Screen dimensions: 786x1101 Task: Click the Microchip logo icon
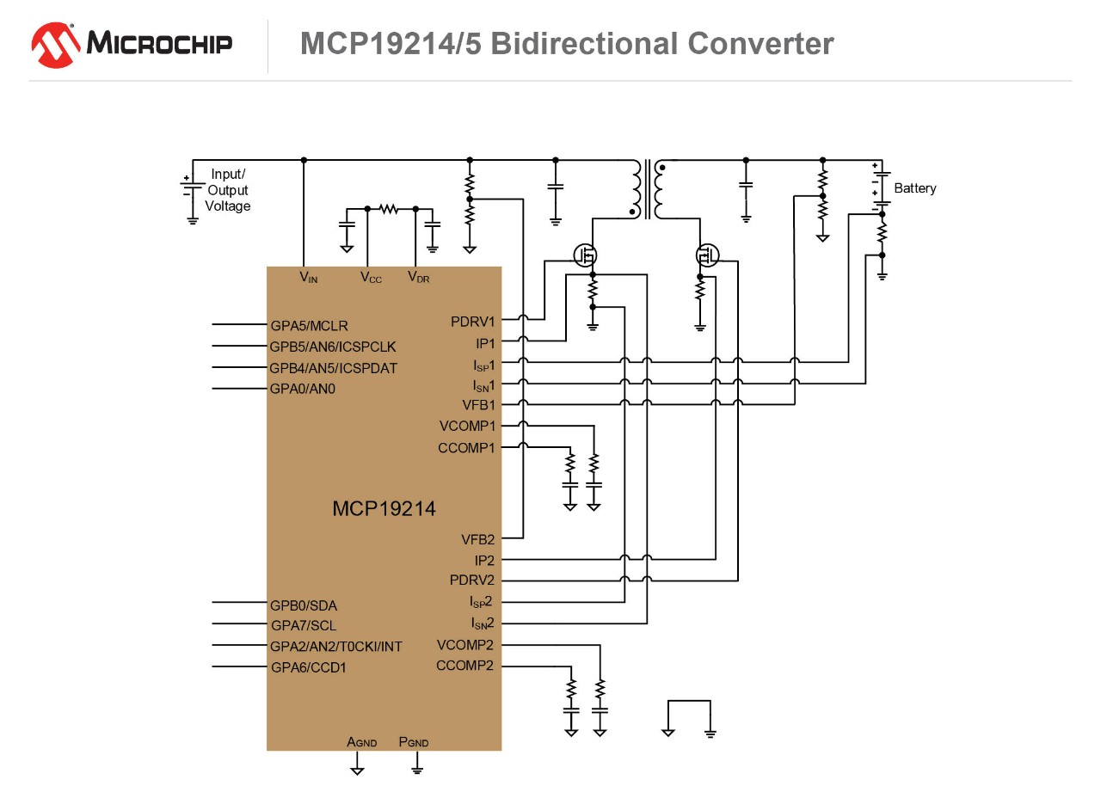click(x=56, y=45)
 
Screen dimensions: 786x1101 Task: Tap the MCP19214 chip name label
click(x=384, y=508)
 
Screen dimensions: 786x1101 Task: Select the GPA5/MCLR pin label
click(x=309, y=326)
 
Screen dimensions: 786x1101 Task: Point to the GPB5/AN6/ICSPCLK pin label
click(x=333, y=347)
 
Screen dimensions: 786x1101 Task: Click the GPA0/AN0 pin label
click(x=302, y=389)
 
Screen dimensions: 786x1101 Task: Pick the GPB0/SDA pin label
click(x=303, y=605)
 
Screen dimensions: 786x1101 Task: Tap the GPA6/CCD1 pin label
click(x=308, y=667)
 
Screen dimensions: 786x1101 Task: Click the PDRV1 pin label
click(x=473, y=322)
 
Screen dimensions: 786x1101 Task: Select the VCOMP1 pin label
click(x=467, y=427)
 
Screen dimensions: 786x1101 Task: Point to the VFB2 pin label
click(x=477, y=540)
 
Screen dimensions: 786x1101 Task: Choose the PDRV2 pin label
click(x=472, y=580)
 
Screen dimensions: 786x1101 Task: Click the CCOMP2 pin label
click(x=464, y=666)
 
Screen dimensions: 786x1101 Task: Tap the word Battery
click(x=915, y=188)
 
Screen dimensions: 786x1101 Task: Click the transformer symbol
click(x=647, y=188)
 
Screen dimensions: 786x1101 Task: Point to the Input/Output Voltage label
click(x=228, y=190)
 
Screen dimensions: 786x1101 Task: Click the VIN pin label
click(x=308, y=278)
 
